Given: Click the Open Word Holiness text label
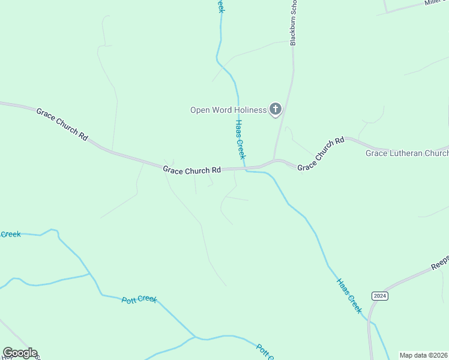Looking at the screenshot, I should click(228, 110).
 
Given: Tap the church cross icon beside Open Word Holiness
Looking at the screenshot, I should click(276, 109).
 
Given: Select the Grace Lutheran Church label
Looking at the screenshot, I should click(407, 154).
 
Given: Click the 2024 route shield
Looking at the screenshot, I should click(379, 296).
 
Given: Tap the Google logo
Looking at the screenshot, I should click(20, 353).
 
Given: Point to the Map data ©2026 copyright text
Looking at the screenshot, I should click(423, 355).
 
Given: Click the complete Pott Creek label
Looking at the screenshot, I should click(139, 299).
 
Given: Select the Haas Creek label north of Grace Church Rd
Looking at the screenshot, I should click(240, 139).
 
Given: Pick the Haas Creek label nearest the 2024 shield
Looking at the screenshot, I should click(349, 295).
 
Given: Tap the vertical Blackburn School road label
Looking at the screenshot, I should click(294, 24).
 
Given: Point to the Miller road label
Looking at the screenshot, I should click(433, 4).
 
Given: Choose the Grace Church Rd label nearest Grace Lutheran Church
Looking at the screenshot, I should click(321, 154).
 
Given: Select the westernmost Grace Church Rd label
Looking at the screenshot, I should click(61, 124).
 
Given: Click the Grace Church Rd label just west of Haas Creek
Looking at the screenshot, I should click(192, 171).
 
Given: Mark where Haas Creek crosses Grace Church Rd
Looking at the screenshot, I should click(245, 168).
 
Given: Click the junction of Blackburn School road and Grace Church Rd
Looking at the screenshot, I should click(274, 161).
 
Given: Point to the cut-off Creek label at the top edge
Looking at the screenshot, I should click(220, 6).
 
